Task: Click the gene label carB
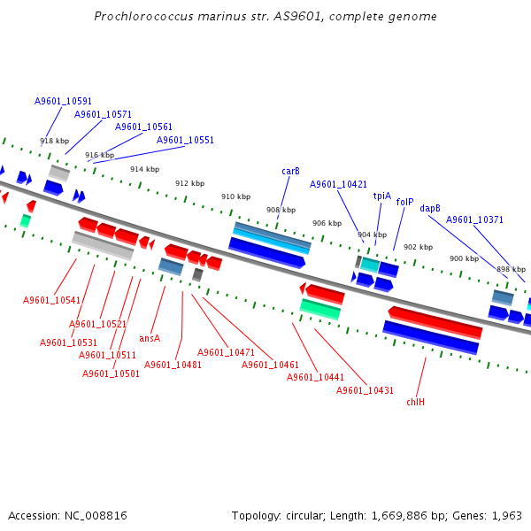(x=290, y=171)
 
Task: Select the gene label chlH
(x=416, y=402)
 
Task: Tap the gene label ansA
(x=150, y=338)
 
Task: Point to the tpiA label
(x=382, y=196)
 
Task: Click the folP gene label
(x=405, y=202)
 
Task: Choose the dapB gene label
(x=430, y=208)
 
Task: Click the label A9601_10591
(x=63, y=102)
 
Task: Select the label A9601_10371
(x=474, y=219)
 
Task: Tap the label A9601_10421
(x=338, y=184)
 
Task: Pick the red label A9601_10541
(x=51, y=300)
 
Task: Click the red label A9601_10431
(x=365, y=390)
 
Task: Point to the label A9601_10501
(x=111, y=373)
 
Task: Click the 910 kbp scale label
(x=235, y=196)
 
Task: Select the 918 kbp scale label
(x=54, y=141)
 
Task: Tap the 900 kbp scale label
(x=463, y=258)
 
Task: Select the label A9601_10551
(x=185, y=140)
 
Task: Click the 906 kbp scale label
(x=327, y=223)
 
